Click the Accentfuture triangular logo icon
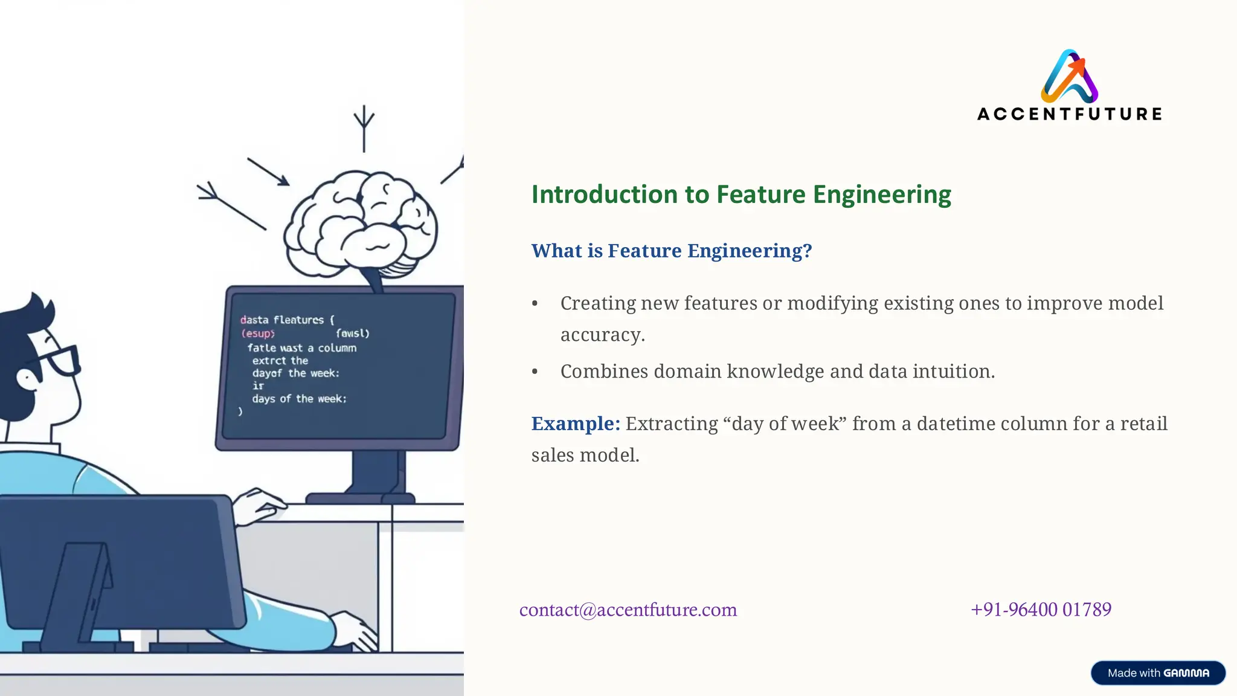pos(1070,77)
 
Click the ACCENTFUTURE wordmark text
pos(1070,114)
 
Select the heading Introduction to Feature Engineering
pos(741,195)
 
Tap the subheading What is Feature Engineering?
pos(671,251)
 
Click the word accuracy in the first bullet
pos(602,335)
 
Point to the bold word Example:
pos(575,424)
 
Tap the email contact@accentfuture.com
pos(628,610)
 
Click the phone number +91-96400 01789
pos(1041,609)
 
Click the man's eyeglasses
pos(60,359)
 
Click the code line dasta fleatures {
pos(287,320)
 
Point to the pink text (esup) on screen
pos(257,333)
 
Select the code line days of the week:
pos(299,399)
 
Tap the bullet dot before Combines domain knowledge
pos(535,372)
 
